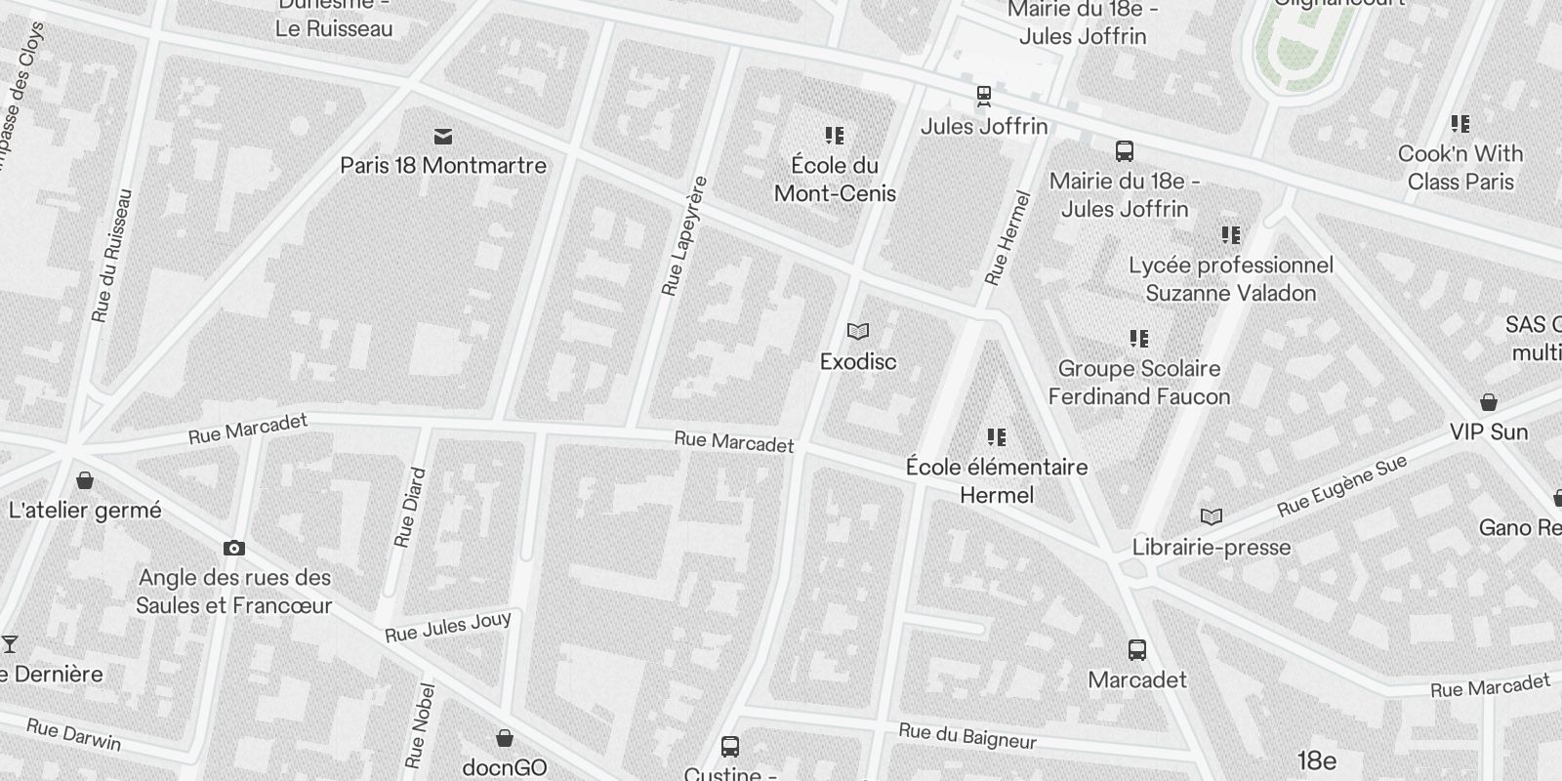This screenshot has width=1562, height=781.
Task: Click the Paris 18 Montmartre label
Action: point(443,165)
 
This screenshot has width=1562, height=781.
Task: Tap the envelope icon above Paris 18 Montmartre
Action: point(443,136)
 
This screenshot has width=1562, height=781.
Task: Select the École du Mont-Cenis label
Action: point(835,179)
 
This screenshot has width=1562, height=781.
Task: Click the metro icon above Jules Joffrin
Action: point(984,96)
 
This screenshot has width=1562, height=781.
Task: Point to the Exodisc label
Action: point(858,361)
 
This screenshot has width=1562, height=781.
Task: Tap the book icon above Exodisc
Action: point(858,332)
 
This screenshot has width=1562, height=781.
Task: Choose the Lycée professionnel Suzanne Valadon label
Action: point(1230,279)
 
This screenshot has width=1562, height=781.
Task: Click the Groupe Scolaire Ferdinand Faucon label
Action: point(1139,383)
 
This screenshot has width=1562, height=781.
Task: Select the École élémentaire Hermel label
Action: point(997,480)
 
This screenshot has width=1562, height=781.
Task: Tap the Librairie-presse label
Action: point(1212,548)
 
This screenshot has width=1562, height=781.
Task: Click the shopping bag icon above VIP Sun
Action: point(1489,402)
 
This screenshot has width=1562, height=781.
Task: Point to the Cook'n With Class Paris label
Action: point(1460,167)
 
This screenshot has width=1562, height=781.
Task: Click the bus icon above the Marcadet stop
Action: point(1137,650)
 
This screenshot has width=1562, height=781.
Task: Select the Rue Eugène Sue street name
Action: point(1342,485)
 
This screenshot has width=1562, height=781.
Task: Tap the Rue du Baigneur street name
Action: point(967,737)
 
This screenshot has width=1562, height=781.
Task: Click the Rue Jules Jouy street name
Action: point(448,627)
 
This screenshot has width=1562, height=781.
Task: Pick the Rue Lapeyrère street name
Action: point(682,235)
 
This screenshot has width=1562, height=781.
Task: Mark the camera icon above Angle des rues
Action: point(233,549)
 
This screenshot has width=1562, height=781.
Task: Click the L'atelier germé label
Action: point(85,510)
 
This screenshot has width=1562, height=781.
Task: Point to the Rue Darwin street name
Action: point(74,734)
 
